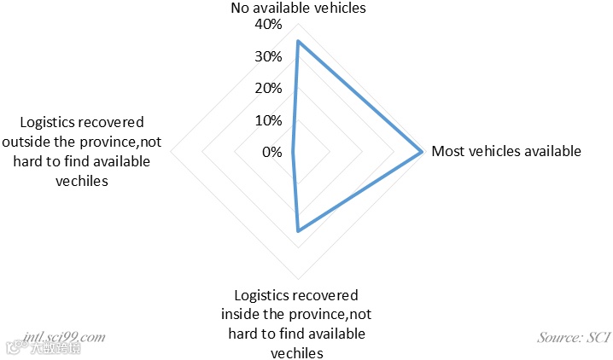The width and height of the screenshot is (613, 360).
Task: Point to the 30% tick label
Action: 267,57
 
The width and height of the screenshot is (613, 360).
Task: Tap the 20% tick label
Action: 267,89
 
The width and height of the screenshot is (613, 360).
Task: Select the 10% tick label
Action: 267,120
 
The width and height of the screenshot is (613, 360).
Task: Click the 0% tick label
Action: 271,152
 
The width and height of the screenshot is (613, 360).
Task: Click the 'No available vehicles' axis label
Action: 298,8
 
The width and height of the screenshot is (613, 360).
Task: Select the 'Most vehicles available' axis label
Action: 506,152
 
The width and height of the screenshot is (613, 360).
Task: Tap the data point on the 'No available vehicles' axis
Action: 298,41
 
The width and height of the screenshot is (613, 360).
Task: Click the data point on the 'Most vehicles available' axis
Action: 422,153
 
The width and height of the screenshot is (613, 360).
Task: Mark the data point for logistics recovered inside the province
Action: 298,231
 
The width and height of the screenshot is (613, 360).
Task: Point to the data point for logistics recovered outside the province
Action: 293,153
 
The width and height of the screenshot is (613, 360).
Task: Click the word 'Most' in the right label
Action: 447,152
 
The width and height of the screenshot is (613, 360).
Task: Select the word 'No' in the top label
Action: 241,8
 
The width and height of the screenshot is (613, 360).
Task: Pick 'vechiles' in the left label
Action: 82,181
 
